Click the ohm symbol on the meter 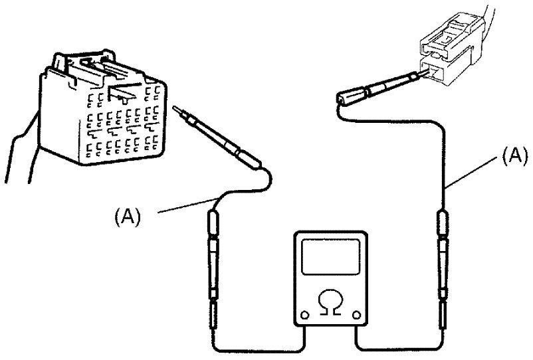[330, 303]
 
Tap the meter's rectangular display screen [330, 256]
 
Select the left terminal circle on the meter [305, 315]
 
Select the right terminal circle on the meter [356, 315]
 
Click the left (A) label [127, 217]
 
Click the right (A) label [515, 156]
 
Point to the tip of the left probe [174, 108]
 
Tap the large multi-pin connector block [102, 109]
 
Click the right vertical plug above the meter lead [443, 270]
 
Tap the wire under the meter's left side [259, 350]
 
